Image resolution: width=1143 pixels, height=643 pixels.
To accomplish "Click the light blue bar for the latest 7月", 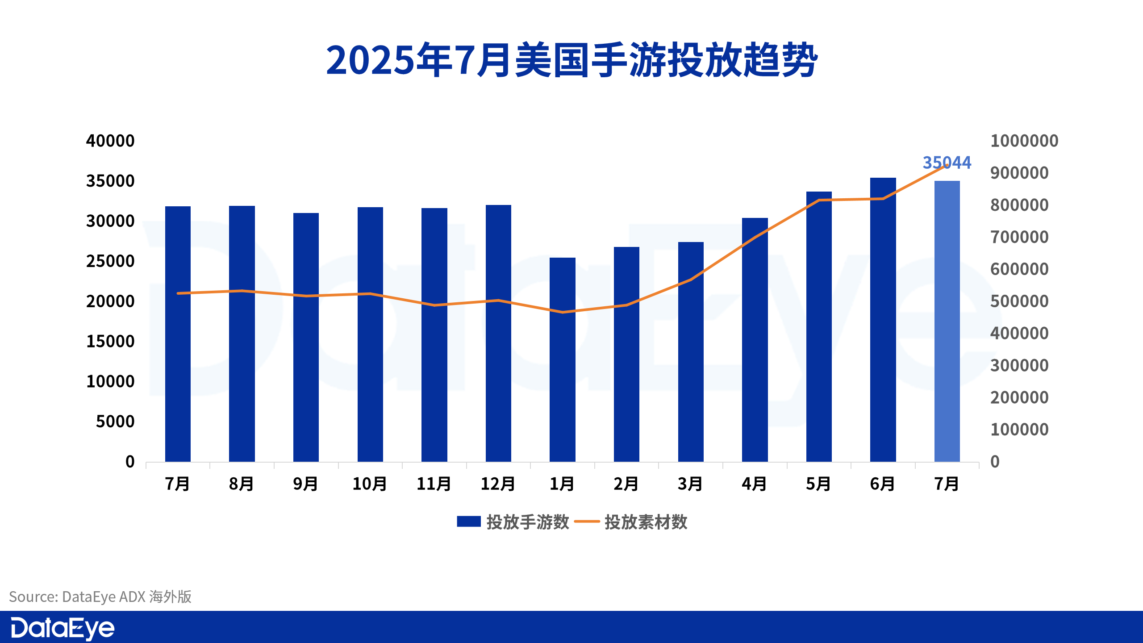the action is [947, 321].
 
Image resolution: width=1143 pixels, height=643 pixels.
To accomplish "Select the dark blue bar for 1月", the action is [563, 359].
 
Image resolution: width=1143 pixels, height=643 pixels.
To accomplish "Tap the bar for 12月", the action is [498, 333].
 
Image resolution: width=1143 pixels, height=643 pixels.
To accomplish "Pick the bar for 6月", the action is [883, 320].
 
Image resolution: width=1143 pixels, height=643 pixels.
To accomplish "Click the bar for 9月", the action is [306, 337].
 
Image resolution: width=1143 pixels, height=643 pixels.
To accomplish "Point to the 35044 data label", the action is [947, 163].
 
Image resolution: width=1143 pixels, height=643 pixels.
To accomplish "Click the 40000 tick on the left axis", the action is [110, 141].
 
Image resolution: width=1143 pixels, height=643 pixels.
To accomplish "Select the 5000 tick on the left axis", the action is [115, 422].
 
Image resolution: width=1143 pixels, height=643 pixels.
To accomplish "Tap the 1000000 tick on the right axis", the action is [1024, 141].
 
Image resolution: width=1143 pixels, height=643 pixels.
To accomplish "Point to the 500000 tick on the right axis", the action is [1019, 301].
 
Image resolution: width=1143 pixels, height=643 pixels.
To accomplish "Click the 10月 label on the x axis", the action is [370, 484].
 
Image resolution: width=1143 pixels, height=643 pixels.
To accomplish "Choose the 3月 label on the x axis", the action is [690, 484].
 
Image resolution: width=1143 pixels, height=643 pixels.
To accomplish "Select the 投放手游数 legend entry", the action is [513, 522].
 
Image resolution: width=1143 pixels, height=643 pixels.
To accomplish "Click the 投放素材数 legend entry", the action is [631, 522].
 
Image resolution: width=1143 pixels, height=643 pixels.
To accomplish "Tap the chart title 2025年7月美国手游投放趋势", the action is [571, 60].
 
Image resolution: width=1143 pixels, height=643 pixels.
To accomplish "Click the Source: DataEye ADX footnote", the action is [100, 597].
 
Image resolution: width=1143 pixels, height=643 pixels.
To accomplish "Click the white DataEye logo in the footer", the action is [63, 629].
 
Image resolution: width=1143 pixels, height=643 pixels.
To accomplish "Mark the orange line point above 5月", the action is [819, 200].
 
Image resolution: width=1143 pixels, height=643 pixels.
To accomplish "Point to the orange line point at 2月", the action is [626, 305].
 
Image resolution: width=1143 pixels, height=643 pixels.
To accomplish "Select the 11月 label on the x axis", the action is [434, 484].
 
